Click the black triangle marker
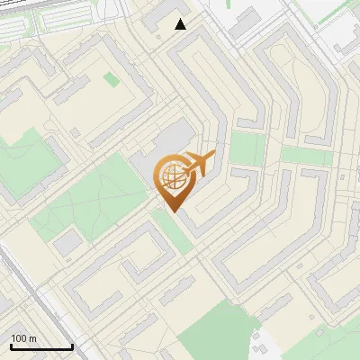181,24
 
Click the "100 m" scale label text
23,339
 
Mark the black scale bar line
41,346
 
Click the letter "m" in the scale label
32,339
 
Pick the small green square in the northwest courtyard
111,80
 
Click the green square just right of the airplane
247,148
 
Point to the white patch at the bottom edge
261,346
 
